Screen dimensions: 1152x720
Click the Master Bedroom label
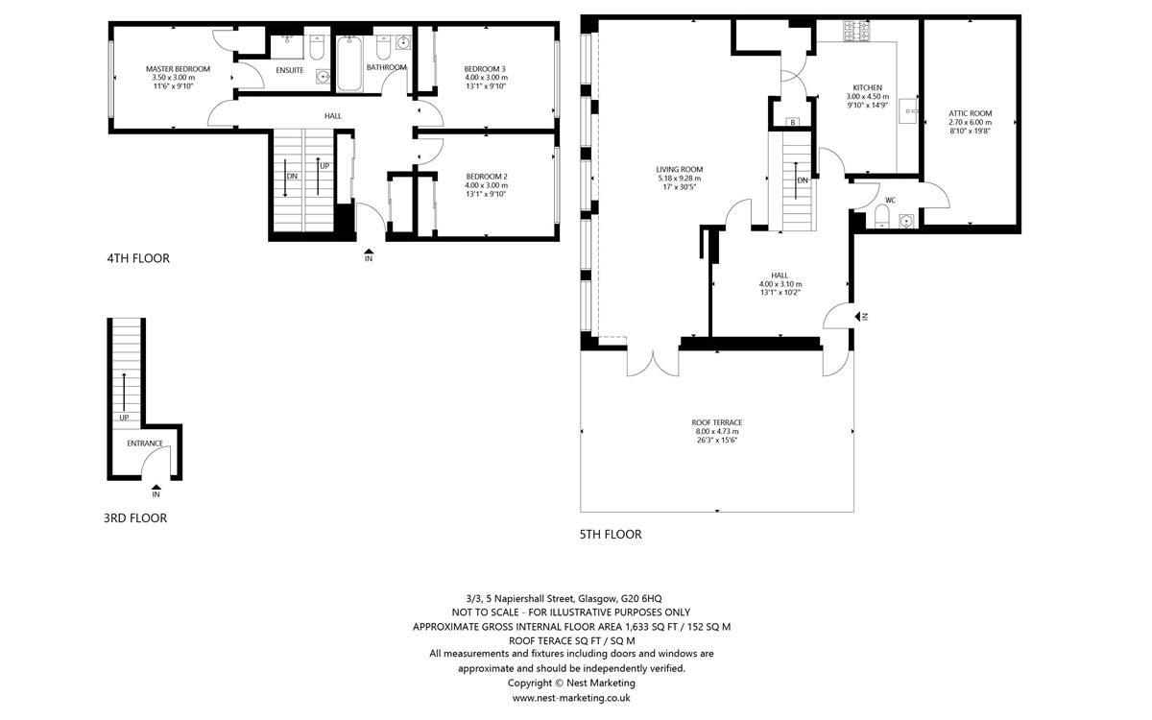(x=178, y=69)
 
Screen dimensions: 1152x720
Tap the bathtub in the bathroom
(x=349, y=63)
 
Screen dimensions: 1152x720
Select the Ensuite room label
(x=290, y=70)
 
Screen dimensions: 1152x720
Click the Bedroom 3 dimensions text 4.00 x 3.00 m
(x=486, y=78)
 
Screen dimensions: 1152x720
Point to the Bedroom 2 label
(x=487, y=177)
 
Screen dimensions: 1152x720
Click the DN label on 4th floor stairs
(x=292, y=177)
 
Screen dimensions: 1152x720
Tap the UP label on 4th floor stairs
(x=324, y=166)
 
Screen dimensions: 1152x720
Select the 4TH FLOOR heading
(x=138, y=258)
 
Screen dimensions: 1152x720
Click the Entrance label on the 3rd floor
(x=145, y=444)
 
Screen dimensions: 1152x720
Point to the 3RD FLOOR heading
(x=135, y=517)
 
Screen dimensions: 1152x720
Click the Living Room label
(x=680, y=169)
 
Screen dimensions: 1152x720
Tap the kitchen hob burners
(x=856, y=31)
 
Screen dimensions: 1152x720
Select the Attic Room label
(x=971, y=113)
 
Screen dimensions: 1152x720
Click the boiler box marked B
(x=793, y=122)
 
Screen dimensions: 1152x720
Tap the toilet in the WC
(x=881, y=217)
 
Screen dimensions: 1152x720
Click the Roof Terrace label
(x=717, y=422)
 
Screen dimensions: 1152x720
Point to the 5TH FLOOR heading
(x=611, y=535)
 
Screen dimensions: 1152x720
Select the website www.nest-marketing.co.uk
(x=571, y=698)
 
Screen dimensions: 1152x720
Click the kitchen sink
(x=909, y=110)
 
